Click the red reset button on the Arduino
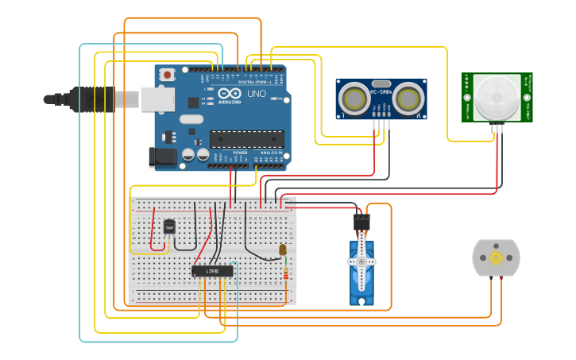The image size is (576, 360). point(167,74)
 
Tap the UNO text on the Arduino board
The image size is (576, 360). point(256,94)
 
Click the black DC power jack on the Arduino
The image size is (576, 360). point(163,157)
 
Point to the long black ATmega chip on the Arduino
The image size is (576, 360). point(246,139)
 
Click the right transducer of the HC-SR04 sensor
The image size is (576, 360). point(408,99)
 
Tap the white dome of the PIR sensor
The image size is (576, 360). point(497,97)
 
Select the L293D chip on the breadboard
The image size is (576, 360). point(212,271)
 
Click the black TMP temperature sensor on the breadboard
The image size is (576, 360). point(168,227)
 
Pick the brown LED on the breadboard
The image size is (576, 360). point(283,250)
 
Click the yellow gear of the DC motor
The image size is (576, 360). point(496,257)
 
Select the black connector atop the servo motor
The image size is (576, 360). point(361,222)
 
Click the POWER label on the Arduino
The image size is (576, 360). point(240,153)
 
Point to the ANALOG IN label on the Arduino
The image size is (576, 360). point(271,153)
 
